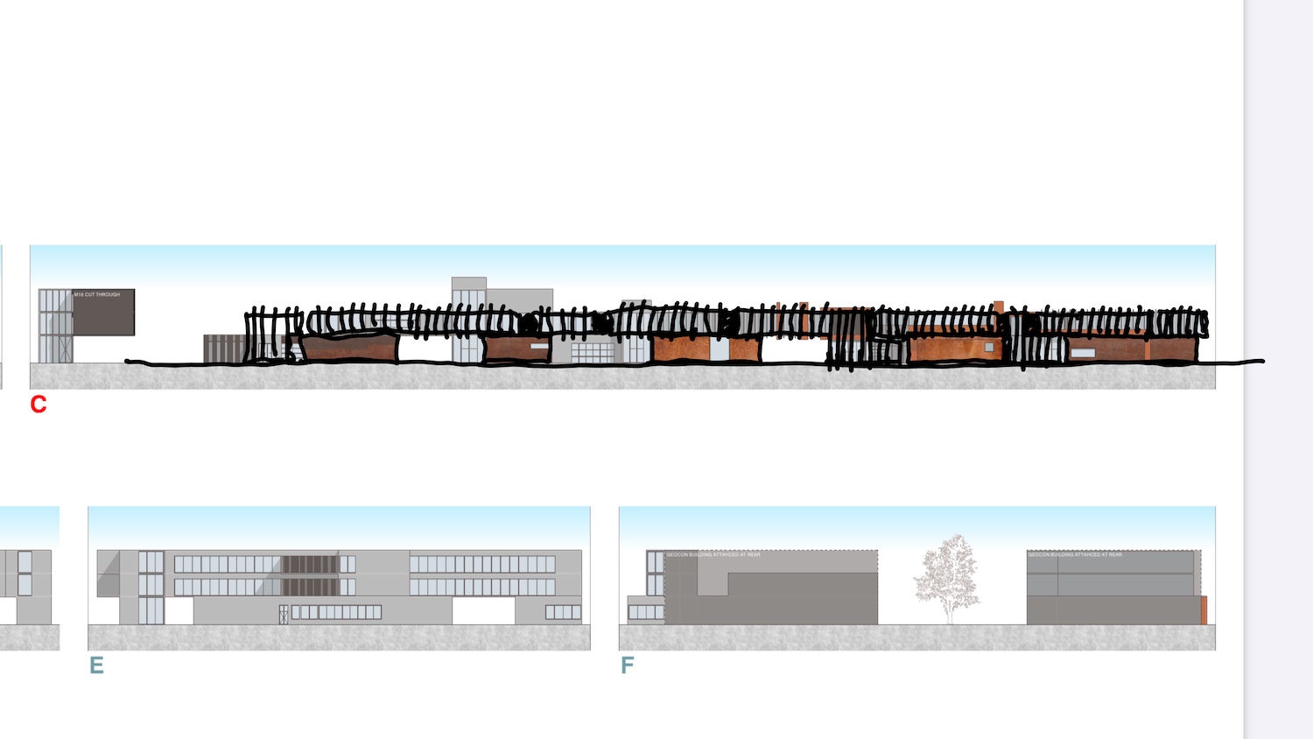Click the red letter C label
(x=39, y=404)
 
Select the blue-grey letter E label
(x=96, y=665)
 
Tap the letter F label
(x=627, y=665)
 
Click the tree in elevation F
(x=948, y=578)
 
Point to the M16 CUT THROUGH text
(x=97, y=295)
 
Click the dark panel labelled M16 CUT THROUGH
(x=103, y=315)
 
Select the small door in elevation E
(x=283, y=615)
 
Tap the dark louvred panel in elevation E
(x=310, y=575)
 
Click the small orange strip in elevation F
(x=1204, y=609)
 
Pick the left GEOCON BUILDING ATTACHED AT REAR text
(x=713, y=555)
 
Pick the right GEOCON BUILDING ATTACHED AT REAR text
(x=1075, y=555)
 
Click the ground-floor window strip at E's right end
(x=563, y=613)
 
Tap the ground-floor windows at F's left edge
(x=646, y=613)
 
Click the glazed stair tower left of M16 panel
(x=55, y=326)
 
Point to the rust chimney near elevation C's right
(x=999, y=306)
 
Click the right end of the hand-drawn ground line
(x=1262, y=361)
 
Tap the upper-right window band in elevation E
(x=482, y=565)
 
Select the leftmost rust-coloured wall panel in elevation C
(x=348, y=348)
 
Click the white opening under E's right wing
(x=483, y=611)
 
